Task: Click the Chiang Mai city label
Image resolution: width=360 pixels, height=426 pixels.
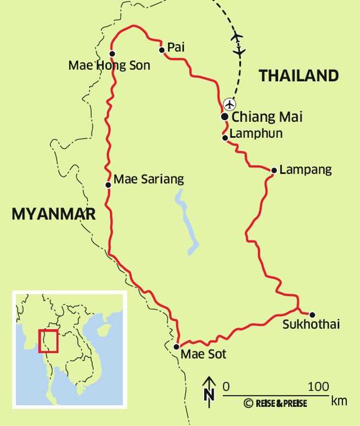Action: (x=267, y=117)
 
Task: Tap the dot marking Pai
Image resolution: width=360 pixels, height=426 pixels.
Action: (x=162, y=50)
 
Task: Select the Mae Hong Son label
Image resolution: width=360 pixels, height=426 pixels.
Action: (x=109, y=65)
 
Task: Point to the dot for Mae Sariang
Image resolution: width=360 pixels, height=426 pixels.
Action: (x=108, y=184)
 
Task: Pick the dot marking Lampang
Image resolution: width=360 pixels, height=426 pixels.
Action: (x=274, y=170)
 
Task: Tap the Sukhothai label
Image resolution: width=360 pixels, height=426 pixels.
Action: (x=311, y=324)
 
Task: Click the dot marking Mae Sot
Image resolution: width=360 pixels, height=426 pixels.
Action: (x=176, y=347)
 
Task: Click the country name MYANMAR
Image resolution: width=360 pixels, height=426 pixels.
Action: (x=54, y=214)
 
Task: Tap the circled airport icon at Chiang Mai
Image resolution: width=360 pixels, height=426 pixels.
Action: (x=230, y=104)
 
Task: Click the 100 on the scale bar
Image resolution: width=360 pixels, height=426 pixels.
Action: (x=319, y=386)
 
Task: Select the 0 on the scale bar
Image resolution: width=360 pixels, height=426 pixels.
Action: (x=226, y=386)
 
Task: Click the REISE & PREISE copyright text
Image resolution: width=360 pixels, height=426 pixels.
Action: (x=275, y=403)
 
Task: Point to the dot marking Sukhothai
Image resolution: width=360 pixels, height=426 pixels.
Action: (x=312, y=315)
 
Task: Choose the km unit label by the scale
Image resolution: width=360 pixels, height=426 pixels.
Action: (x=339, y=401)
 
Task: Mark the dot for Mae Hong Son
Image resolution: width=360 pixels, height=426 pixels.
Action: (x=112, y=54)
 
